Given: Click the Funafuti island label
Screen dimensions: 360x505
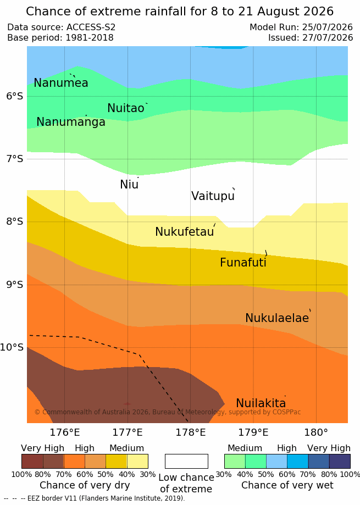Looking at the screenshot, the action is (243, 262).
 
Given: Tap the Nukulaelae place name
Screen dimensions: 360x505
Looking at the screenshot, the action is (277, 318).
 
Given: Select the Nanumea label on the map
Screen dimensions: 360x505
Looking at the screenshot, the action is (61, 83).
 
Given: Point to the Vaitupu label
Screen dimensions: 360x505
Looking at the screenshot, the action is (213, 196).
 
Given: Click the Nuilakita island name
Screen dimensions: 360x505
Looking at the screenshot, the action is (261, 403).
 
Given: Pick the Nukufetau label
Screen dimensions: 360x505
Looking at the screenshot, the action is (185, 231).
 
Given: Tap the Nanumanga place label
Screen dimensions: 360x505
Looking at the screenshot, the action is (71, 122).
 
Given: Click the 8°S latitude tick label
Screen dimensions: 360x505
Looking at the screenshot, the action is (15, 221).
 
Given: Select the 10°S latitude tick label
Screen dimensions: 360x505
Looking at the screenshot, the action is (12, 347).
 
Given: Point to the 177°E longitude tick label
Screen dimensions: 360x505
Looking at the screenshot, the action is (128, 432).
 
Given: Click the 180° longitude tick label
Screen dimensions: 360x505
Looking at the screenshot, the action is (316, 432).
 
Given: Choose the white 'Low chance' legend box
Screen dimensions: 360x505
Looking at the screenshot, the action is (186, 461).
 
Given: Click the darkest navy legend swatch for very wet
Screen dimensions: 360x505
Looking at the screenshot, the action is (340, 461).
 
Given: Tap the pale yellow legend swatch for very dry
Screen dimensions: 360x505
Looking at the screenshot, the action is (137, 461).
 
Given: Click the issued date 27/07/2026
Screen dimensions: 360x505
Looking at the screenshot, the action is (328, 38).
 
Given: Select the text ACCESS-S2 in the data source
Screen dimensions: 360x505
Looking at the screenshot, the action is (91, 27).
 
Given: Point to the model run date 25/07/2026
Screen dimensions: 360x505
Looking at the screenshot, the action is (328, 27).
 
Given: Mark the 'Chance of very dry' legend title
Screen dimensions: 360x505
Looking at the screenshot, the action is (85, 485).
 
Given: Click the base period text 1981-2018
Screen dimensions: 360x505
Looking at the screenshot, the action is (90, 38).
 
